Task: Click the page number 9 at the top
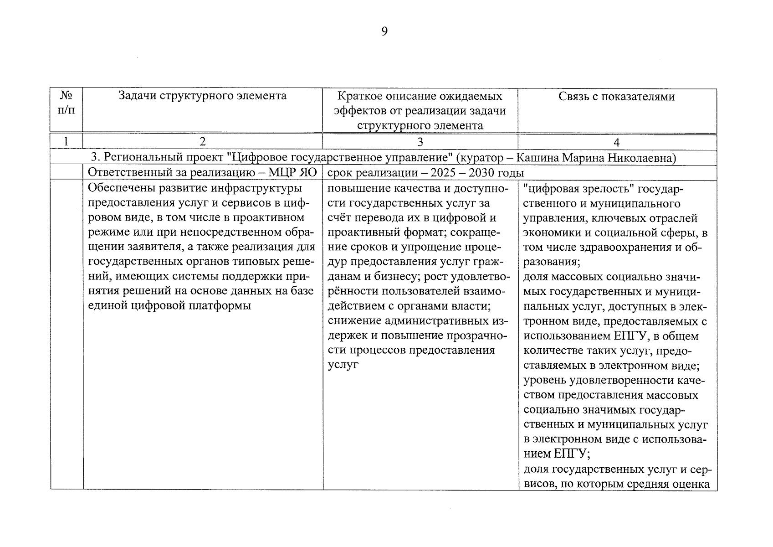point(384,31)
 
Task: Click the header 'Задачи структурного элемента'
point(202,96)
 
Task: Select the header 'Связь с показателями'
point(616,96)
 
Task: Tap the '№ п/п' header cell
point(66,103)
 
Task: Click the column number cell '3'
point(420,142)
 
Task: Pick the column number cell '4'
point(616,142)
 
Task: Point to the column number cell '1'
point(66,142)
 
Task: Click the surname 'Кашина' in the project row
point(538,158)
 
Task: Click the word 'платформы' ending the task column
point(220,305)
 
